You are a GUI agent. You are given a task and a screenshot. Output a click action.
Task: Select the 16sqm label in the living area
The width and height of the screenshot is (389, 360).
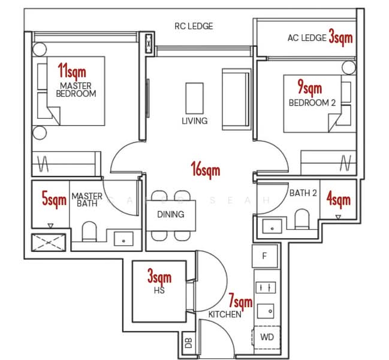[x=205, y=170]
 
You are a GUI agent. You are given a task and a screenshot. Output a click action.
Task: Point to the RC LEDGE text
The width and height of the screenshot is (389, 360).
[x=194, y=26]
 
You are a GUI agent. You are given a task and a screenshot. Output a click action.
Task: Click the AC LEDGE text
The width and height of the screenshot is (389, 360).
[x=306, y=38]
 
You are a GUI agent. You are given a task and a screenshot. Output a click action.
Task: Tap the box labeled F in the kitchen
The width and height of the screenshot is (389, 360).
[x=265, y=256]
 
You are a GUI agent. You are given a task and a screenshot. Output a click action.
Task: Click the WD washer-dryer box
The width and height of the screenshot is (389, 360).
[x=267, y=337]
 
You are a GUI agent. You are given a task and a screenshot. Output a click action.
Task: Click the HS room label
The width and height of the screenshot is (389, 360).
[x=159, y=290]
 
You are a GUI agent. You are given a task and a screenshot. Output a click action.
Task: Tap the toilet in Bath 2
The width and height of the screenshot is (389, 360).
[x=301, y=219]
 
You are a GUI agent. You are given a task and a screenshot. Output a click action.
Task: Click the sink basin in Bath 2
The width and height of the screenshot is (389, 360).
[x=272, y=227]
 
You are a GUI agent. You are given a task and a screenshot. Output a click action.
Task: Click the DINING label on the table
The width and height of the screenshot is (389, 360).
[x=170, y=214]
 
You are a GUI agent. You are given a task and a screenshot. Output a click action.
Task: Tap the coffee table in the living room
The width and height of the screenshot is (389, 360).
[x=194, y=97]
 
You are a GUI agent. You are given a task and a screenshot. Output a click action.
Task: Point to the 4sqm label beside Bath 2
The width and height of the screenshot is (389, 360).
[x=339, y=199]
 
